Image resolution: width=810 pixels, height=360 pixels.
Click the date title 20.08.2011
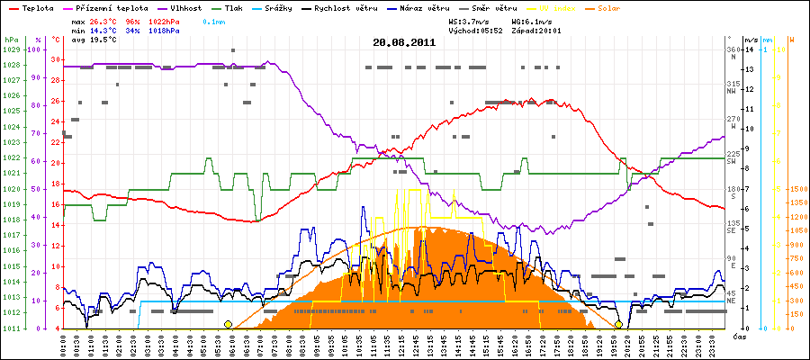point(404,42)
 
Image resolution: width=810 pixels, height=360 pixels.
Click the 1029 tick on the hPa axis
point(11,49)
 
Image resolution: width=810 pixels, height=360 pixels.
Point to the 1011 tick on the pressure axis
point(11,328)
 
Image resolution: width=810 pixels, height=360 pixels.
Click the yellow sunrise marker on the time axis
point(228,324)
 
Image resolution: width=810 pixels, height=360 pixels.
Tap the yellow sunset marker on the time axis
point(619,324)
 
